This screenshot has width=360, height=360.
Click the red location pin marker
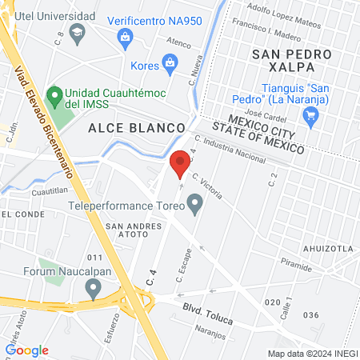click(x=181, y=163)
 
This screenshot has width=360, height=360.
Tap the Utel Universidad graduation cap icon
click(x=78, y=32)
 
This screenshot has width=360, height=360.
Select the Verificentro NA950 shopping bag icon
click(x=126, y=36)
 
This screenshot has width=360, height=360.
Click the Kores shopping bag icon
click(x=170, y=62)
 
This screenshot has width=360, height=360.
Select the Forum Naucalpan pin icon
click(x=94, y=290)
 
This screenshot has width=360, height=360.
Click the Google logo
click(x=26, y=350)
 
